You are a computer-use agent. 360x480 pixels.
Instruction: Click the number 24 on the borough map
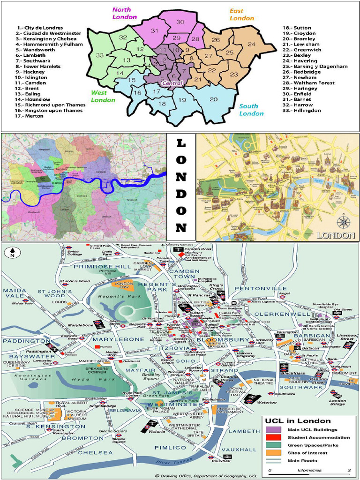(x=251, y=45)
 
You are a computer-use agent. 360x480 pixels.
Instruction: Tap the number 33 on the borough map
(x=100, y=55)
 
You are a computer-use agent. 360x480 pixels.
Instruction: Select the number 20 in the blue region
(x=213, y=99)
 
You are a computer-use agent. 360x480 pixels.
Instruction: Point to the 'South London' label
(x=251, y=110)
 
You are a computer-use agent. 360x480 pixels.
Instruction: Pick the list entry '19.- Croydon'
(x=300, y=33)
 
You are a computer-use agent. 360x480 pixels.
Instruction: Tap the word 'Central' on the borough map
(x=172, y=83)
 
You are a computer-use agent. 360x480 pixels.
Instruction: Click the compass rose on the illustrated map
(x=343, y=221)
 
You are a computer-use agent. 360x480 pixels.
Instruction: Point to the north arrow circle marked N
(x=11, y=253)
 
